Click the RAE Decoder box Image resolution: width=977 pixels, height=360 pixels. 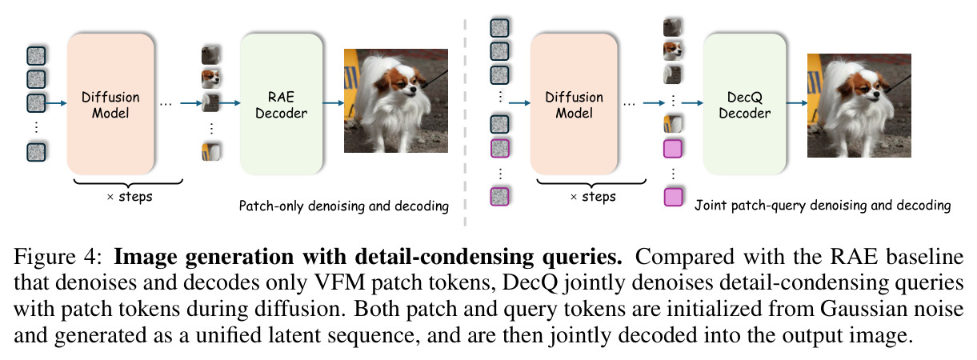tap(282, 104)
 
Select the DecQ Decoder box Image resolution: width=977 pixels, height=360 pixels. tap(744, 104)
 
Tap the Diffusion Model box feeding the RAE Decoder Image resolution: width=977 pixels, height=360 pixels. tap(110, 104)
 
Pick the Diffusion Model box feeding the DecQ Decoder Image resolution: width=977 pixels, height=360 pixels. tap(574, 104)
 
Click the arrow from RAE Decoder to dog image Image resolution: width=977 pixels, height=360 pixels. tap(333, 103)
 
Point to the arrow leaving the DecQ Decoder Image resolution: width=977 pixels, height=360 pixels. tap(797, 103)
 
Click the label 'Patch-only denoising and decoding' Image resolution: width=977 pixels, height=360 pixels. tap(344, 206)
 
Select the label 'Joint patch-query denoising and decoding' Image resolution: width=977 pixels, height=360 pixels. tap(823, 206)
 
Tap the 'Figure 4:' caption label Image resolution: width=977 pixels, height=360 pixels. tap(57, 256)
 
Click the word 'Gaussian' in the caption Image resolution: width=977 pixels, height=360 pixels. tap(859, 309)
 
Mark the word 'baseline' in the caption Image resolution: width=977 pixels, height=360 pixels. tap(925, 256)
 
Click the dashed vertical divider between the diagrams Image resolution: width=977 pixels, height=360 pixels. tap(466, 122)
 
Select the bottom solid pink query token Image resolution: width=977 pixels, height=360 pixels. tap(673, 197)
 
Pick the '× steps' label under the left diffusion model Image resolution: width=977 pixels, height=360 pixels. tap(130, 197)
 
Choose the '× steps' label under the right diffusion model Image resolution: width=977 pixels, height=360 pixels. tap(593, 197)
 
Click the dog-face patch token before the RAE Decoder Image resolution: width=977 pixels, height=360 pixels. tap(210, 79)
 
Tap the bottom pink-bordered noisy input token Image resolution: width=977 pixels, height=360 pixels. tap(500, 197)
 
